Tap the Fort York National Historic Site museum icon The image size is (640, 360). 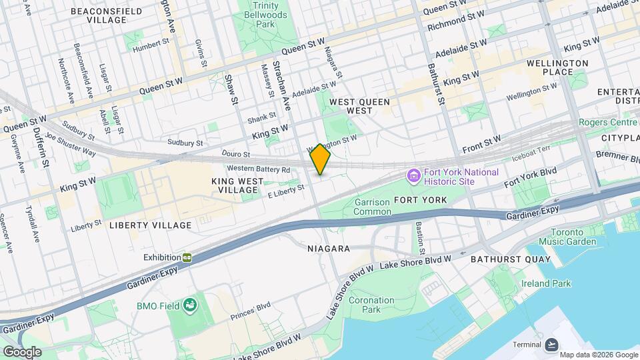click(413, 177)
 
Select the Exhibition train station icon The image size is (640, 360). click(188, 257)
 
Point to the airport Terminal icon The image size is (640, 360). click(551, 344)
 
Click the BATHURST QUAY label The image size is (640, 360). click(511, 259)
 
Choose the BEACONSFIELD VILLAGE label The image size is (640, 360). click(107, 15)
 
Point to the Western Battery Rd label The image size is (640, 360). click(259, 169)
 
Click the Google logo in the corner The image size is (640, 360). click(22, 351)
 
